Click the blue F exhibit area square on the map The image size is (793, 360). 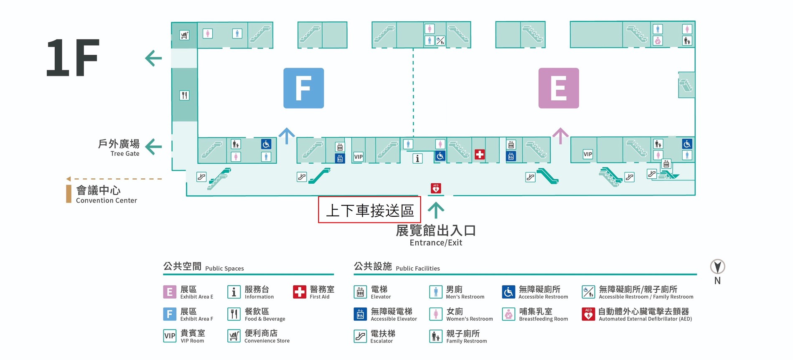304,88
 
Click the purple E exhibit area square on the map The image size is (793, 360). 559,88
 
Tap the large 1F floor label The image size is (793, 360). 73,58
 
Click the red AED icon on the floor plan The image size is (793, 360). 436,188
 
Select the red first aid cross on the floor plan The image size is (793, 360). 480,155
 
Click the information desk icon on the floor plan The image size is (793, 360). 417,158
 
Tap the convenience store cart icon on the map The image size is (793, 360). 184,35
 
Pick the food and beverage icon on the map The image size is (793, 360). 184,95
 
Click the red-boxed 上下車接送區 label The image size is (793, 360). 369,210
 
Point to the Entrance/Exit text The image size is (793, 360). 436,243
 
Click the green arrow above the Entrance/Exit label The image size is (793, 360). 436,210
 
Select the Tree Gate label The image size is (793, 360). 125,154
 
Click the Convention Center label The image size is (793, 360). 107,200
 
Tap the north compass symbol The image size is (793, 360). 717,266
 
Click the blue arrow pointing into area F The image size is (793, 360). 287,136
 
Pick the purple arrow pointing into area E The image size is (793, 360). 560,136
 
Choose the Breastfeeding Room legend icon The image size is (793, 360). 508,314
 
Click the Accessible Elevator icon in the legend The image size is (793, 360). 360,314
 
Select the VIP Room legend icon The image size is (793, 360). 170,336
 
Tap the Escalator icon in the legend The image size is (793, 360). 360,336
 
